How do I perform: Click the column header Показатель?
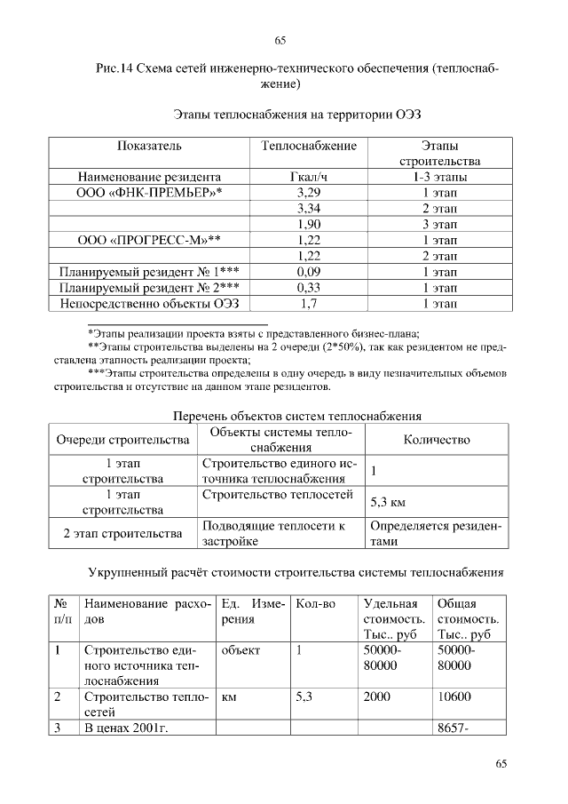[148, 146]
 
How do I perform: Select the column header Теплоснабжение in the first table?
[309, 146]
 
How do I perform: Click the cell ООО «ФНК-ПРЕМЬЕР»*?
[148, 193]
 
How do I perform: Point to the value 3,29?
[309, 193]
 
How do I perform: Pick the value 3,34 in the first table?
[309, 209]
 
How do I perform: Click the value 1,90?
[309, 225]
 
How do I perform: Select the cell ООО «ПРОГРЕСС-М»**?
[148, 241]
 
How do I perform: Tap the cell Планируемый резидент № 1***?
[148, 273]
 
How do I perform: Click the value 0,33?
[309, 289]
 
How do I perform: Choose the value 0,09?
[309, 273]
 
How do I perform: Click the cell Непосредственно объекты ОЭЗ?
[148, 305]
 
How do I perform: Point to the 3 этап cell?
[439, 225]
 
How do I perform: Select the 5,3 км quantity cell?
[387, 503]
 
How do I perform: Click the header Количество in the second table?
[437, 440]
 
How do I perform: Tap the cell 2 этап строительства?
[122, 534]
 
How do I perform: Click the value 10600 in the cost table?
[454, 697]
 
